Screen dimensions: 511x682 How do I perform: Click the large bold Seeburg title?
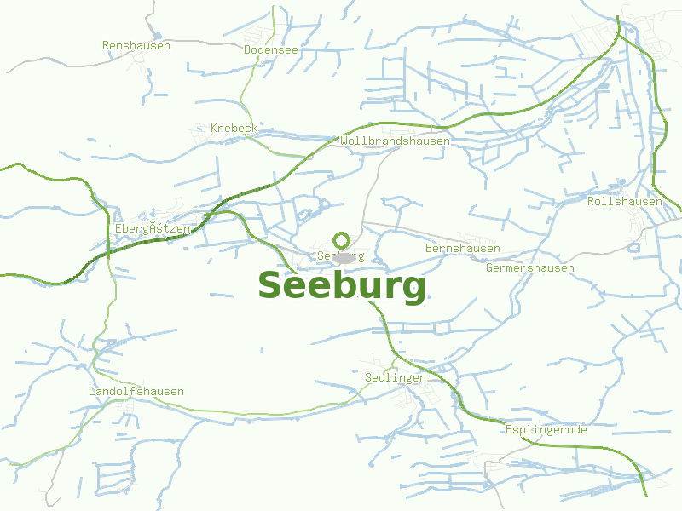[341, 286]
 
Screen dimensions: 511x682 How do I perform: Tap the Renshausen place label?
[136, 45]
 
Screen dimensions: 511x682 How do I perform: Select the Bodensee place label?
[270, 49]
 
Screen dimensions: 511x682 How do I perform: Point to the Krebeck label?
[234, 128]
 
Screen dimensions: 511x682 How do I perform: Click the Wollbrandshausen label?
[395, 141]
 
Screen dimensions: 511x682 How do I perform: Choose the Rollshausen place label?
[624, 201]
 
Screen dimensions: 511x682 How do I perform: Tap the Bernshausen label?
[462, 248]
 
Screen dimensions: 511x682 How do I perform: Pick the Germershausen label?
[529, 267]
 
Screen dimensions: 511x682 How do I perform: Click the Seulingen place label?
[395, 377]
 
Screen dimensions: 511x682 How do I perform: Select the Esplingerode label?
[546, 429]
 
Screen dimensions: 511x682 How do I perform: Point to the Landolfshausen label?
[136, 391]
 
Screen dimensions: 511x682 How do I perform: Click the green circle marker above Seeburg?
[342, 240]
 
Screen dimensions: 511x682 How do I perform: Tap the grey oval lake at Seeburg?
[344, 257]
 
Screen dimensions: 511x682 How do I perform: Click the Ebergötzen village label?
[152, 228]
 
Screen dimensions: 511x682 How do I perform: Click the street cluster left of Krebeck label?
[203, 130]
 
